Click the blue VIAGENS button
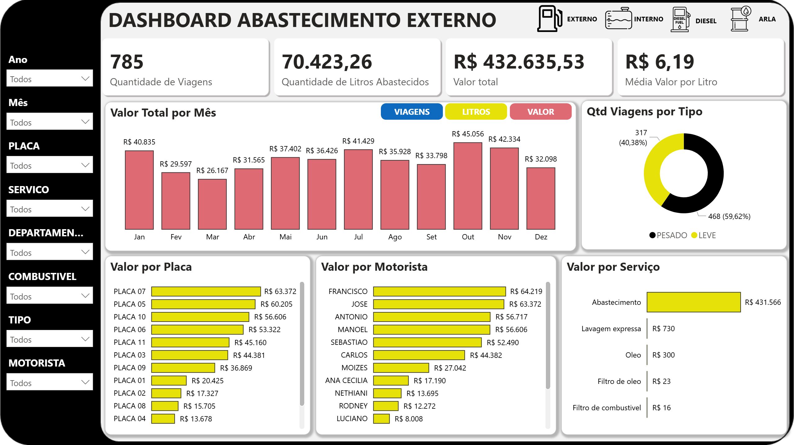(412, 112)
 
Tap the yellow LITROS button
(476, 112)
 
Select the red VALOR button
(540, 112)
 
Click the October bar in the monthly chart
(468, 186)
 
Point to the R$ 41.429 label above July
(358, 141)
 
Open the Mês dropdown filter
(50, 122)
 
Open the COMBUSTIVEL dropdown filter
(50, 296)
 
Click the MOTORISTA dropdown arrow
(85, 382)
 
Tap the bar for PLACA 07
(206, 291)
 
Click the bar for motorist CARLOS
(419, 355)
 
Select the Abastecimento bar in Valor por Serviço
(694, 302)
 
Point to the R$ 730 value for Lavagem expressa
(663, 329)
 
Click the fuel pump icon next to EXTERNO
(550, 19)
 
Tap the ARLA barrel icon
(741, 19)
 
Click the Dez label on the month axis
(541, 237)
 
